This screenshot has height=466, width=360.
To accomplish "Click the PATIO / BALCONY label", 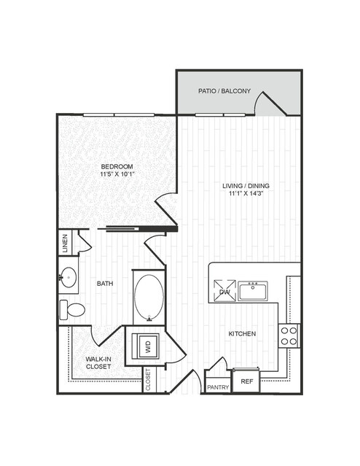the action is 224,91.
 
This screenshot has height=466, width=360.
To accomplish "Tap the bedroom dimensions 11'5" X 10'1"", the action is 118,174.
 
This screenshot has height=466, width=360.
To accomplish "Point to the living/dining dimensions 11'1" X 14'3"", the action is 246,193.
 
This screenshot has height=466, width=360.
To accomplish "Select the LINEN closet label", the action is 66,244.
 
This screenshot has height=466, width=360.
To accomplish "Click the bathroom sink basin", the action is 69,277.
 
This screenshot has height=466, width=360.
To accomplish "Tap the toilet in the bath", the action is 72,310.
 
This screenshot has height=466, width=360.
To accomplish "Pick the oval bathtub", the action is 149,298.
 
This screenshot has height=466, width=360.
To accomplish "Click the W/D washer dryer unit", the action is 146,346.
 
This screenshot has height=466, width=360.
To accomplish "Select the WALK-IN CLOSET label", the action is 98,363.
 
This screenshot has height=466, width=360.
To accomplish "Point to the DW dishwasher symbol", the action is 225,291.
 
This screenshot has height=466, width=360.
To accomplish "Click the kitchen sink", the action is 253,291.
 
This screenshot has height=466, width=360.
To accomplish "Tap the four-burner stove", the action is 289,336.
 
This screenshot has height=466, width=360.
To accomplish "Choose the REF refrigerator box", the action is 246,381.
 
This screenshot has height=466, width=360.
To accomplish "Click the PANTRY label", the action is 218,387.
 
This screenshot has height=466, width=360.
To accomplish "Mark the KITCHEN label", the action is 242,334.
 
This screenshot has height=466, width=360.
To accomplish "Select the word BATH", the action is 105,284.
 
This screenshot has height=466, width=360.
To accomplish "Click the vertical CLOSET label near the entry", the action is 148,379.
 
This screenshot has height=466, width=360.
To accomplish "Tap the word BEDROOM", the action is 117,166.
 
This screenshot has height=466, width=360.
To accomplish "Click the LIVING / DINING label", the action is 246,186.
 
